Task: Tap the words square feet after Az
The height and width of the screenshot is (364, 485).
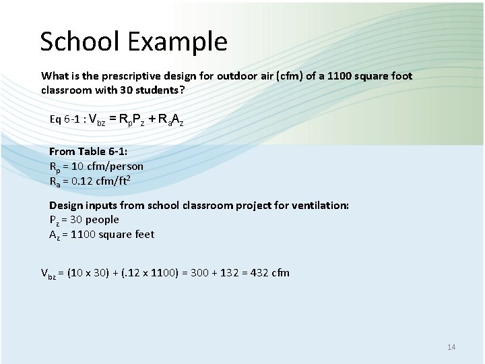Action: click(x=127, y=235)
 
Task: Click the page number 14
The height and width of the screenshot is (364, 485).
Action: click(x=451, y=347)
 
